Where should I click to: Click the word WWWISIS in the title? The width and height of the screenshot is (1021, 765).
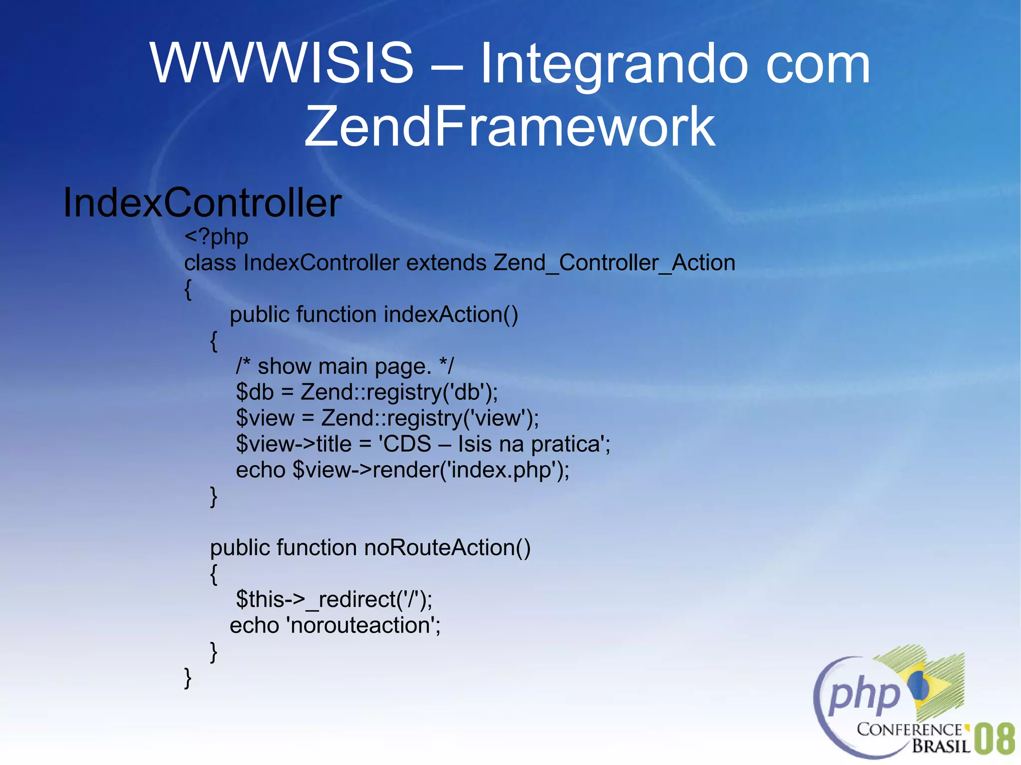tap(282, 63)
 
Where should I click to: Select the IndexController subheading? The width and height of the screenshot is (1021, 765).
tap(202, 203)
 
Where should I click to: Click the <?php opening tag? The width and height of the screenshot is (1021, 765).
tap(216, 237)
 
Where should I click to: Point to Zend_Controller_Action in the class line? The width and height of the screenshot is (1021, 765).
tap(614, 263)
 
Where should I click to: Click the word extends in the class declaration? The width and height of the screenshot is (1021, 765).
tap(446, 263)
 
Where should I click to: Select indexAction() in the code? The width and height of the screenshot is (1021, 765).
tap(451, 314)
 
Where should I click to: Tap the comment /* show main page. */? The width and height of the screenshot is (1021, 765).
tap(344, 366)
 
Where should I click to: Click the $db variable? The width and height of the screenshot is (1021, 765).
tap(255, 392)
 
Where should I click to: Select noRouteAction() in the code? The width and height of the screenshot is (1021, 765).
tap(447, 547)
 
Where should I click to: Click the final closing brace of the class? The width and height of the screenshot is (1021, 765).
tap(188, 678)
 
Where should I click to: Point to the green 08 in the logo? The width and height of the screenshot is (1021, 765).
tap(995, 739)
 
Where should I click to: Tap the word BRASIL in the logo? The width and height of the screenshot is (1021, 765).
tap(941, 746)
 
